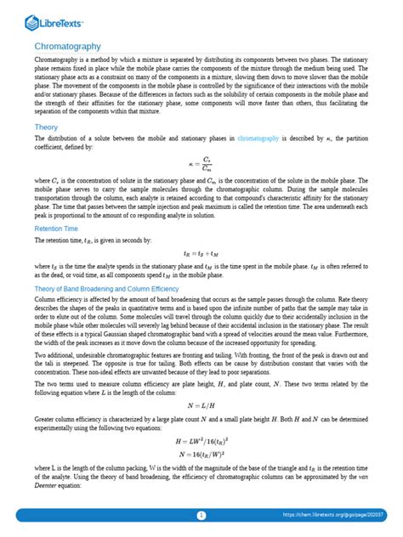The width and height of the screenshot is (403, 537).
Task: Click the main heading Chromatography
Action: click(x=67, y=46)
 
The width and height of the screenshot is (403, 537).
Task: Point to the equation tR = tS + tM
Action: click(x=201, y=253)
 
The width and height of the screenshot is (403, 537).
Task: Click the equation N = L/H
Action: click(x=201, y=404)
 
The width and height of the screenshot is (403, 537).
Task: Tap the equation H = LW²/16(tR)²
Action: click(x=201, y=442)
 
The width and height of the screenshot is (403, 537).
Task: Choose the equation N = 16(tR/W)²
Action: click(x=201, y=456)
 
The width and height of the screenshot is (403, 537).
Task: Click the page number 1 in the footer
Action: click(x=201, y=516)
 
